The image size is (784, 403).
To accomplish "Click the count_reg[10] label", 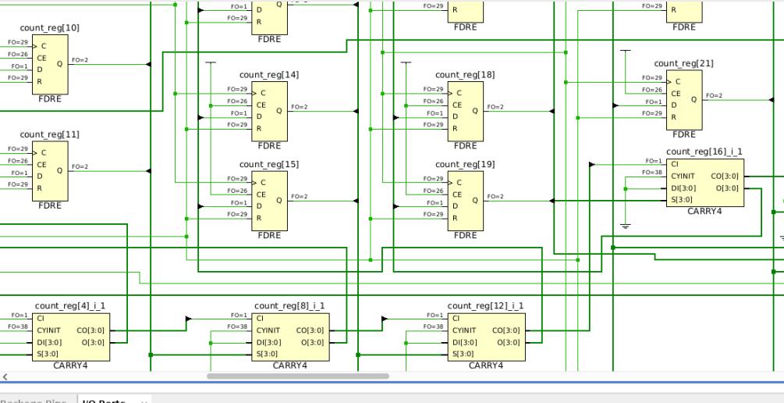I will (x=49, y=28).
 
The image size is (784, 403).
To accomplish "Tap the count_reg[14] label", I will (x=269, y=75).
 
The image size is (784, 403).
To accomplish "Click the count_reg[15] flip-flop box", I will (x=269, y=199).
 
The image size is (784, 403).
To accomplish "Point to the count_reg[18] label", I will (x=465, y=75).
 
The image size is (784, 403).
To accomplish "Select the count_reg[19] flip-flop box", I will (x=465, y=199).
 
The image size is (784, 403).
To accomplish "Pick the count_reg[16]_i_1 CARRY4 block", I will (x=704, y=183).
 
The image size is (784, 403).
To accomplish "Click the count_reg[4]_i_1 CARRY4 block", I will (x=71, y=337).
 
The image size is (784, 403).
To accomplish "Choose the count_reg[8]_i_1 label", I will (x=289, y=305).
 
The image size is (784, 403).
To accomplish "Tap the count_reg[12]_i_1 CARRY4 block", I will (x=486, y=337).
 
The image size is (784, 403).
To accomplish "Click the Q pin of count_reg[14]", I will (x=278, y=110).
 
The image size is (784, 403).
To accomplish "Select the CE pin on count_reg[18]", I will (x=457, y=104).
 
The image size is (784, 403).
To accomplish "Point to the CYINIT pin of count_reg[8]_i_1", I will (x=268, y=330).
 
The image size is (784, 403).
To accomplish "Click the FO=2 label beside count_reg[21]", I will (x=714, y=95).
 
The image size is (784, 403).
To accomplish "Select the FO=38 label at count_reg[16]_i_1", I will (x=654, y=173).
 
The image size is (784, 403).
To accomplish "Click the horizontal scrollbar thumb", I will (x=297, y=376).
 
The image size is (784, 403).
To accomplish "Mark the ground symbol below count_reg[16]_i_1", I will (x=625, y=226).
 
